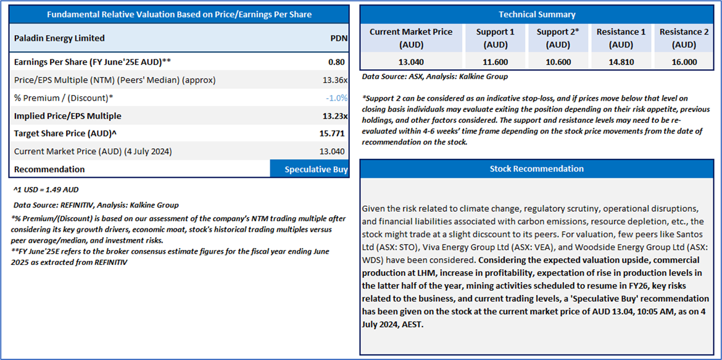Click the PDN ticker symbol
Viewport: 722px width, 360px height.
(x=339, y=38)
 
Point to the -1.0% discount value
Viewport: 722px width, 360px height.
(x=337, y=98)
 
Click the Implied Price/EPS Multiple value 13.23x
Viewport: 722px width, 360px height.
(x=335, y=116)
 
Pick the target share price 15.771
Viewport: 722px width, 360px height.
(x=334, y=133)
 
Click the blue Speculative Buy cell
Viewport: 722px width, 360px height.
(x=310, y=169)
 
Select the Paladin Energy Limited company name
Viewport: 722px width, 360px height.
(x=59, y=38)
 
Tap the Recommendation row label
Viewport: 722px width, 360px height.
(x=49, y=169)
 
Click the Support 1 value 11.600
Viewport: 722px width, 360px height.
(x=495, y=62)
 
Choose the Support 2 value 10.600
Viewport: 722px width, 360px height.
(x=558, y=62)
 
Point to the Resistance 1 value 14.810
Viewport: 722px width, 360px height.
(x=621, y=62)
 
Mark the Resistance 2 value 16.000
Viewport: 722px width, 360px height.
(x=684, y=62)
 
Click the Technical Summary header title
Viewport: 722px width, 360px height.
(x=536, y=14)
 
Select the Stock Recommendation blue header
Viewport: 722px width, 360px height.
(x=536, y=169)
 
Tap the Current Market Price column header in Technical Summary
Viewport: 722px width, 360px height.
(x=410, y=38)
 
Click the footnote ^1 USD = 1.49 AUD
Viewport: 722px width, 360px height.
(x=46, y=190)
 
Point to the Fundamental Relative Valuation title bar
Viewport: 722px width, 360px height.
(x=179, y=14)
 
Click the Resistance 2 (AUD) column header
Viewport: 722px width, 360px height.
(x=684, y=38)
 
